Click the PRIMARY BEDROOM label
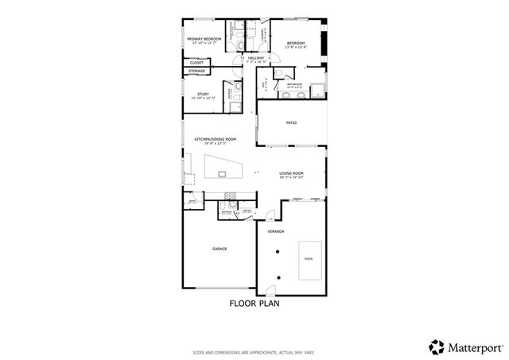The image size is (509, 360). pyautogui.click(x=204, y=39)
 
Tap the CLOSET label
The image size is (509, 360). pyautogui.click(x=196, y=62)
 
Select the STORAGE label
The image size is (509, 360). pyautogui.click(x=196, y=72)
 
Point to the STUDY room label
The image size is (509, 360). pyautogui.click(x=203, y=95)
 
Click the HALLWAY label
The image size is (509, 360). pyautogui.click(x=255, y=58)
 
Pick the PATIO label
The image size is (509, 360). pyautogui.click(x=292, y=123)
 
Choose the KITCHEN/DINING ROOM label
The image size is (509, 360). pyautogui.click(x=215, y=140)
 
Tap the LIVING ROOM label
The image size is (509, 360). pyautogui.click(x=292, y=173)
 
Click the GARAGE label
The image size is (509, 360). pyautogui.click(x=220, y=249)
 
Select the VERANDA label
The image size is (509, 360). pyautogui.click(x=276, y=231)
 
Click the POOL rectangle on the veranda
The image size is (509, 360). pyautogui.click(x=309, y=259)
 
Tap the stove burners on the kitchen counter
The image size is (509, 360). pyautogui.click(x=231, y=195)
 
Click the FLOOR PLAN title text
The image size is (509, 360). pyautogui.click(x=254, y=303)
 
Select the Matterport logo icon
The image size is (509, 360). pyautogui.click(x=437, y=346)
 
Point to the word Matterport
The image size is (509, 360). pyautogui.click(x=474, y=346)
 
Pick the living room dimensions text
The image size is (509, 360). pyautogui.click(x=292, y=178)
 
